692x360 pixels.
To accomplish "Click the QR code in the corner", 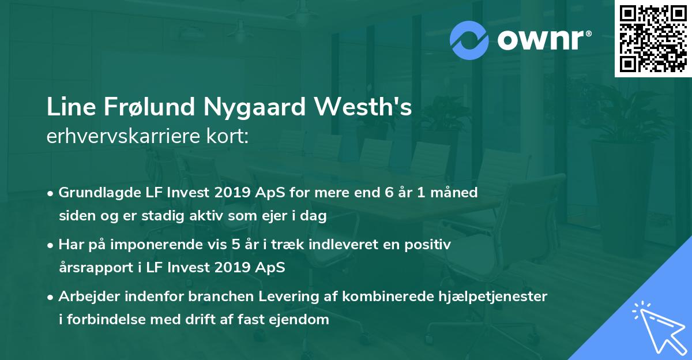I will click(x=653, y=39).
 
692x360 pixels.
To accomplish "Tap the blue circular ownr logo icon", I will click(x=470, y=39).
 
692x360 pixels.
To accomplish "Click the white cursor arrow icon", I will click(x=659, y=327).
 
